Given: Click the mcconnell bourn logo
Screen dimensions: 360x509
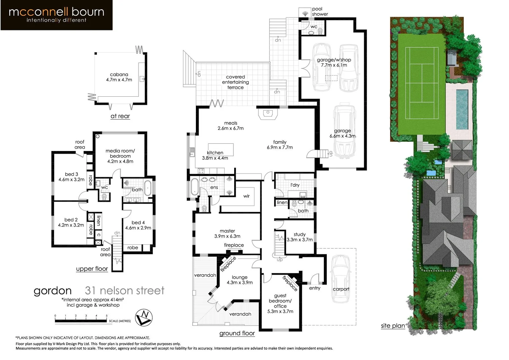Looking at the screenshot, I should coord(56,15).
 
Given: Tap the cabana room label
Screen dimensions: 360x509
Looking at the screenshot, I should coord(119,77).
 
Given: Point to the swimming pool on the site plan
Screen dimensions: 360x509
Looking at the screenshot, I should coord(462,109).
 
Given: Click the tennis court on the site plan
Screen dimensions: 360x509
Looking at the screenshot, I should coord(421,83).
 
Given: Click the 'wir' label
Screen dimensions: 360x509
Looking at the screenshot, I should coord(246,196).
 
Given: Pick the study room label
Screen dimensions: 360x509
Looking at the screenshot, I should coord(299,237).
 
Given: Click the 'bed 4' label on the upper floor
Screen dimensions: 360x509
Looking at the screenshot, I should coord(138,225).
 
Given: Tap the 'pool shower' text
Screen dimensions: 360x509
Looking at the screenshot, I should coord(320,12).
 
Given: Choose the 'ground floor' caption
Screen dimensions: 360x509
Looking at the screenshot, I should coord(237,333).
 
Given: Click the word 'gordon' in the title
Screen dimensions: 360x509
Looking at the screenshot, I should coord(53,291).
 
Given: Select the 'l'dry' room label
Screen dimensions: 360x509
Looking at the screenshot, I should coord(295,185).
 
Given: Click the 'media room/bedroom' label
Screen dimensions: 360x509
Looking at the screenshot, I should coord(120,156).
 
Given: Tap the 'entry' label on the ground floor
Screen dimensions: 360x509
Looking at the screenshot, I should coord(314,288).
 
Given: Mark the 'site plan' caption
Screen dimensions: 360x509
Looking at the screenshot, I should coord(393,326).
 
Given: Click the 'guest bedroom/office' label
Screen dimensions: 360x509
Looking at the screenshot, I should coord(280,303).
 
